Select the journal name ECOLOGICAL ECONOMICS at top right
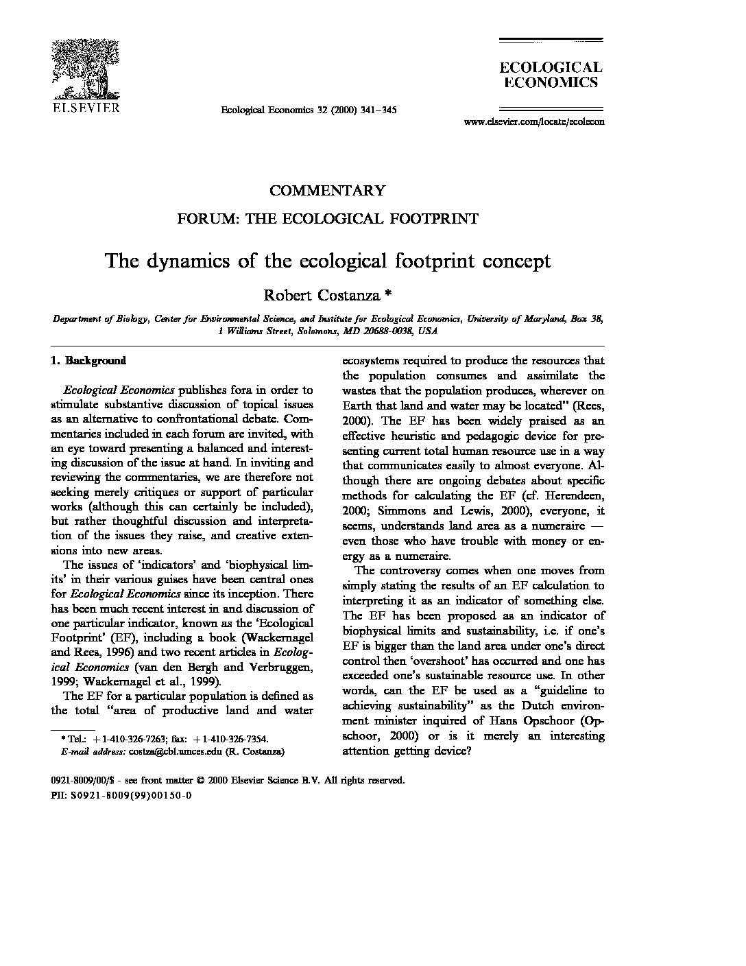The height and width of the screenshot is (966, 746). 550,75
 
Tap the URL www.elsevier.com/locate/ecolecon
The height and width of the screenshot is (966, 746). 534,121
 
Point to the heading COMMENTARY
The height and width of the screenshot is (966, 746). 327,190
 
